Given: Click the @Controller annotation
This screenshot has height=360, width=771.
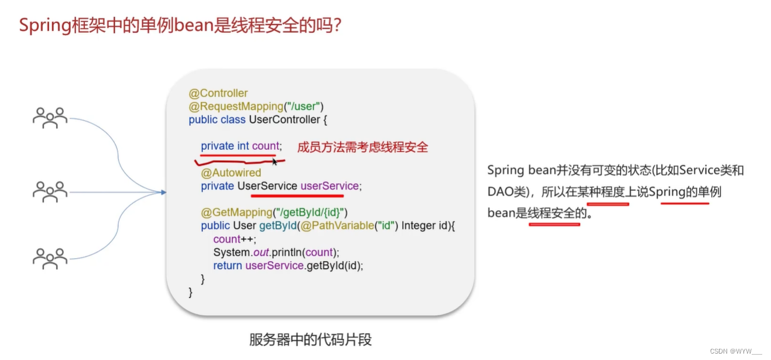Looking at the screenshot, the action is tap(218, 93).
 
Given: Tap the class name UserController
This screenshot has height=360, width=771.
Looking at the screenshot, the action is tap(285, 120).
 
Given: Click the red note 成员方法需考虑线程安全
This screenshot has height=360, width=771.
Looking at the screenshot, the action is tap(362, 148).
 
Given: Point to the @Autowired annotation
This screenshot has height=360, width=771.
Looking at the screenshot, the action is tap(231, 173).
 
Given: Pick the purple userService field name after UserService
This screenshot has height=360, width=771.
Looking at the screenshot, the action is tap(330, 186).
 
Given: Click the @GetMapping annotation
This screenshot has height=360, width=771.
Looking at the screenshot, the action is tap(237, 212).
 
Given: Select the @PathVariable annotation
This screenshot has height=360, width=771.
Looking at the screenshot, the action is tap(337, 226).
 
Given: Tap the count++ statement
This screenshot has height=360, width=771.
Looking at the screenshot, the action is tap(235, 239).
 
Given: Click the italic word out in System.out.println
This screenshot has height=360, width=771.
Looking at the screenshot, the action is tap(261, 253).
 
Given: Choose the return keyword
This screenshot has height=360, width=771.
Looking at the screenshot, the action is tap(228, 266).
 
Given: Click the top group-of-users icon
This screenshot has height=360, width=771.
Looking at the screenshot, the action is tap(50, 118).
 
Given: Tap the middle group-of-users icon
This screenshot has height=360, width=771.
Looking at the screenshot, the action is tap(50, 191).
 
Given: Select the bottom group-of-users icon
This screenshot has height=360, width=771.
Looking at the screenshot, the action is tap(50, 259).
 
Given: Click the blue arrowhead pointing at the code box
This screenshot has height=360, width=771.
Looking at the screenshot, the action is tap(164, 192).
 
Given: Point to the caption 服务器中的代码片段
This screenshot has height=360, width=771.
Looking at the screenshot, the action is tap(310, 340).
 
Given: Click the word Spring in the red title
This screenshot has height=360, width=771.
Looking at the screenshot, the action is tap(44, 26).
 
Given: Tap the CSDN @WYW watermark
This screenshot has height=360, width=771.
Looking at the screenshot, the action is tap(735, 351).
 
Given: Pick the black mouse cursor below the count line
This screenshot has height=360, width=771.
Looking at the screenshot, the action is tap(275, 162).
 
